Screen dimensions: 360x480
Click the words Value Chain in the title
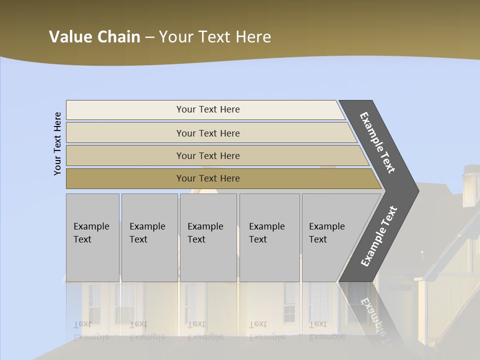point(94,37)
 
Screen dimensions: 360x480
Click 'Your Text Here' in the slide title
point(215,37)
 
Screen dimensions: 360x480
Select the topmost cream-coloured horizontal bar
point(205,109)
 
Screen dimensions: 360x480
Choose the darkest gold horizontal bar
point(220,178)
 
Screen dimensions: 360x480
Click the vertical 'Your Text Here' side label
point(57,143)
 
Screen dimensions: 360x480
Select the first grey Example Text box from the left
point(92,237)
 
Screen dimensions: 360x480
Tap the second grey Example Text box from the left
point(149,237)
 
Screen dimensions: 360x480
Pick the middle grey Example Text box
point(208,237)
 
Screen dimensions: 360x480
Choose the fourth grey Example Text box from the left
point(269,237)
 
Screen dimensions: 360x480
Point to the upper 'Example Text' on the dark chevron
point(377,142)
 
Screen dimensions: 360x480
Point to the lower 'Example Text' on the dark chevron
point(378,236)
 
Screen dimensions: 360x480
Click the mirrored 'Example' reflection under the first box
point(91,336)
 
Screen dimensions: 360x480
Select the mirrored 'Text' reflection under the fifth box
point(318,324)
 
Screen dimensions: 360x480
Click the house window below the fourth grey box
point(289,302)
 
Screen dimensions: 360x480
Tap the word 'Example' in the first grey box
point(91,226)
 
